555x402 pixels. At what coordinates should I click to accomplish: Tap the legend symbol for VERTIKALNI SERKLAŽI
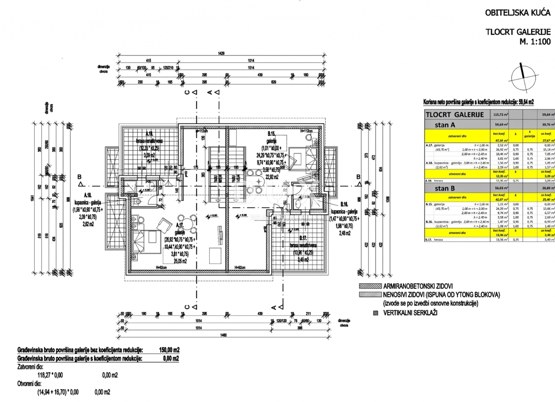pos(375,313)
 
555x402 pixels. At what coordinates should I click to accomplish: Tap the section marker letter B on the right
pos(358,189)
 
